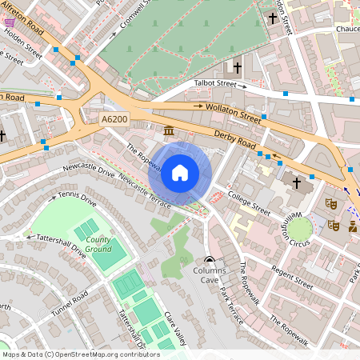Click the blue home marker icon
click(x=180, y=173)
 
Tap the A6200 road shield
click(x=115, y=119)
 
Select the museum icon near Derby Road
click(x=169, y=130)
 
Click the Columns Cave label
click(x=210, y=276)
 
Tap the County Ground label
click(x=98, y=245)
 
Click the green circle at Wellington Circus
click(x=299, y=230)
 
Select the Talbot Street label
click(x=216, y=83)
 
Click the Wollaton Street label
click(x=234, y=111)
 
